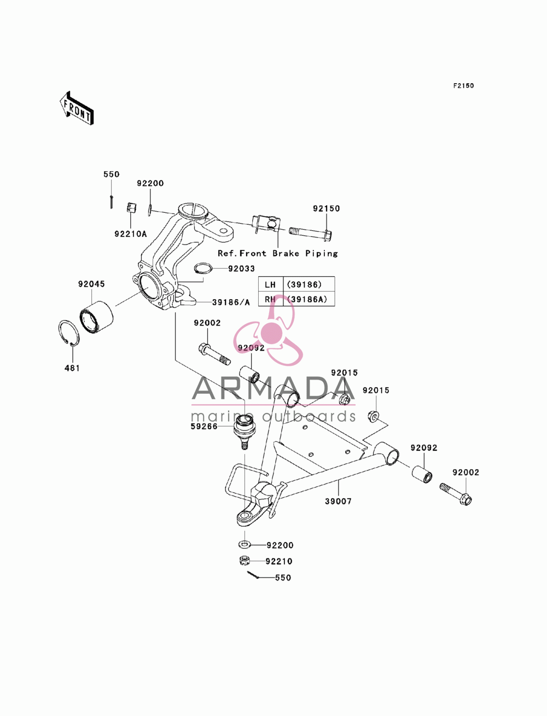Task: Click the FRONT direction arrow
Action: click(77, 108)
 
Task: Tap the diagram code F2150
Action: click(463, 86)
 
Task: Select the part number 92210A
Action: click(131, 234)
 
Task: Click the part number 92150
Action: click(326, 208)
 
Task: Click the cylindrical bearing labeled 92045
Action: click(97, 317)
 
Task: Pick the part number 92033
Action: click(241, 269)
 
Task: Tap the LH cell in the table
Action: click(271, 284)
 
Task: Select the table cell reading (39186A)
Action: click(307, 299)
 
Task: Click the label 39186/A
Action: click(231, 302)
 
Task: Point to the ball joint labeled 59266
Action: click(245, 431)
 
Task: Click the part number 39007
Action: click(338, 502)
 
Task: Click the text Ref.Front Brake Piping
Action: click(277, 253)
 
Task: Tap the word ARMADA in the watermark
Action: click(273, 388)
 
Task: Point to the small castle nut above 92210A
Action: click(131, 207)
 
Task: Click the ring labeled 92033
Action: click(203, 269)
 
